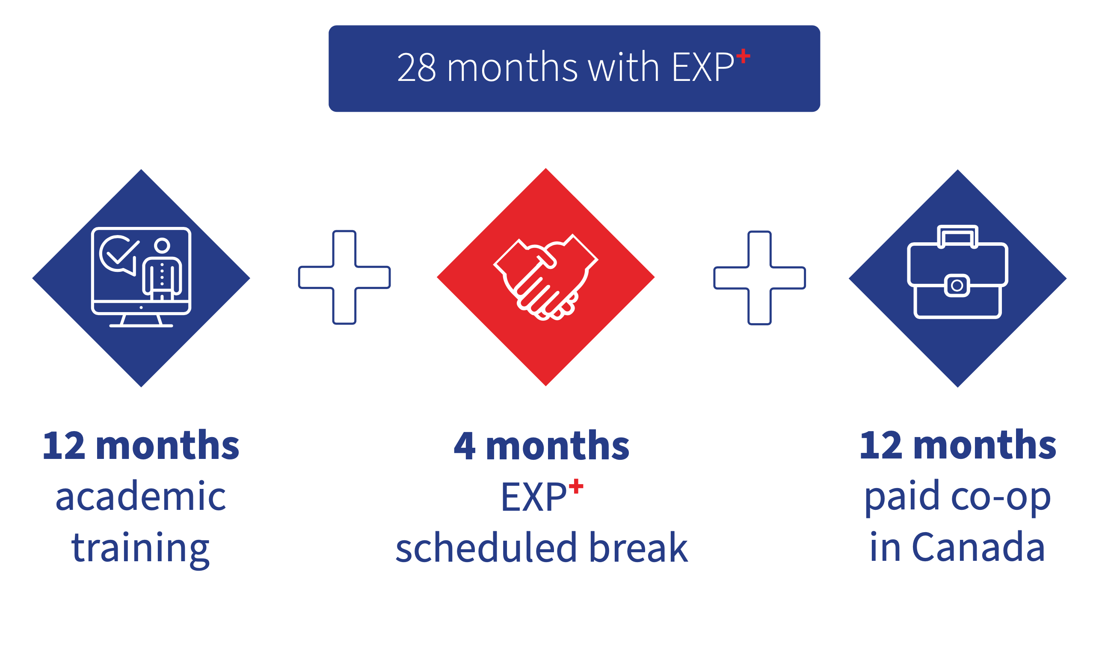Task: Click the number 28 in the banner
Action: point(417,67)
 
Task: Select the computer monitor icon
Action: point(141,277)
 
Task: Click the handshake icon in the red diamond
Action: point(545,277)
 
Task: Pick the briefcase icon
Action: point(957,272)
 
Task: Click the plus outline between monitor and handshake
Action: point(344,277)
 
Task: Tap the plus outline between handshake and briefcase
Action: point(759,278)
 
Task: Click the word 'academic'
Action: point(141,496)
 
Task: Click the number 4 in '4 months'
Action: point(465,446)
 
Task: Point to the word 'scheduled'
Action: point(486,547)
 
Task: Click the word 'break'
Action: point(639,547)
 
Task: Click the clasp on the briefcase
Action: point(957,286)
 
